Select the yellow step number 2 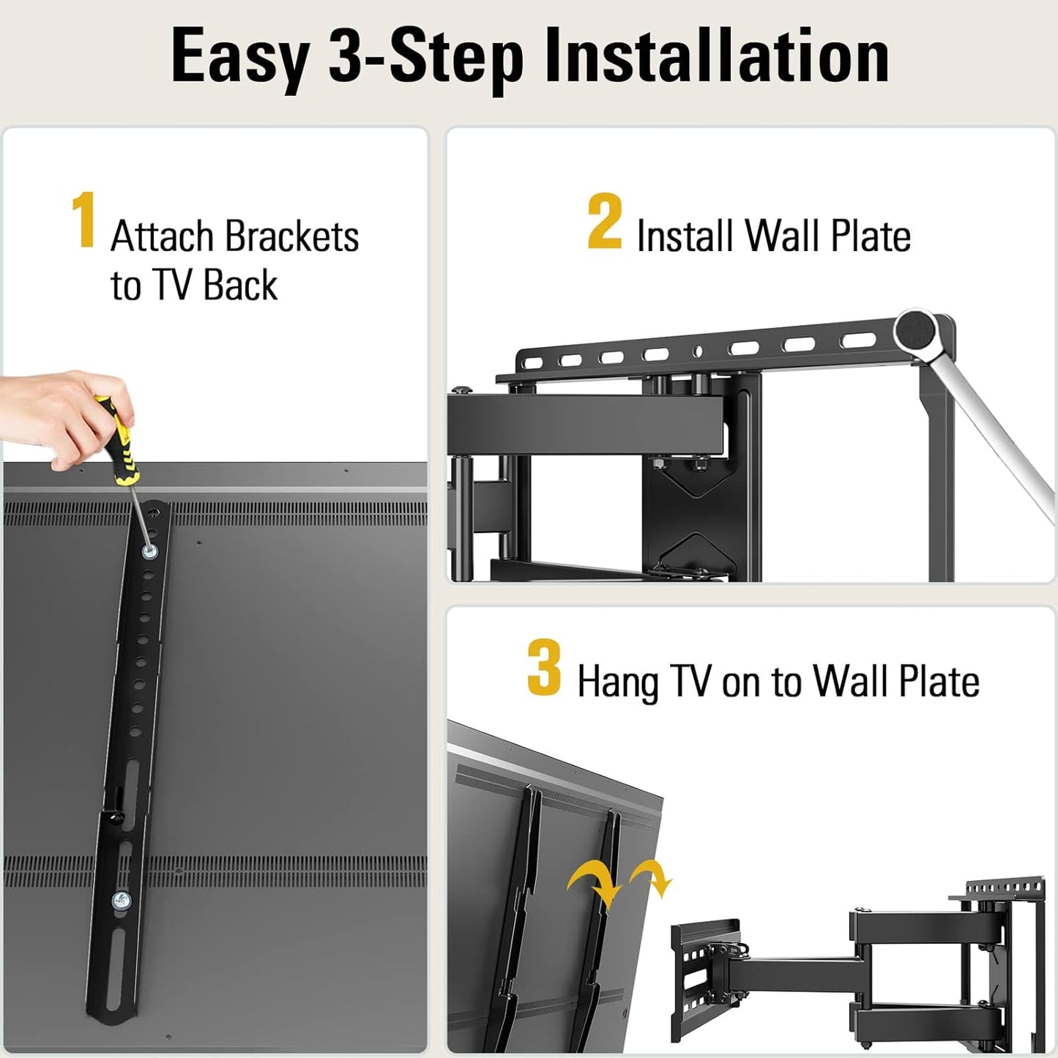(x=604, y=221)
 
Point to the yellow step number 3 (x=543, y=667)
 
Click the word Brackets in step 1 (x=291, y=236)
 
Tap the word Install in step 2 (x=685, y=236)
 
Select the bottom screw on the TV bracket (x=121, y=900)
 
